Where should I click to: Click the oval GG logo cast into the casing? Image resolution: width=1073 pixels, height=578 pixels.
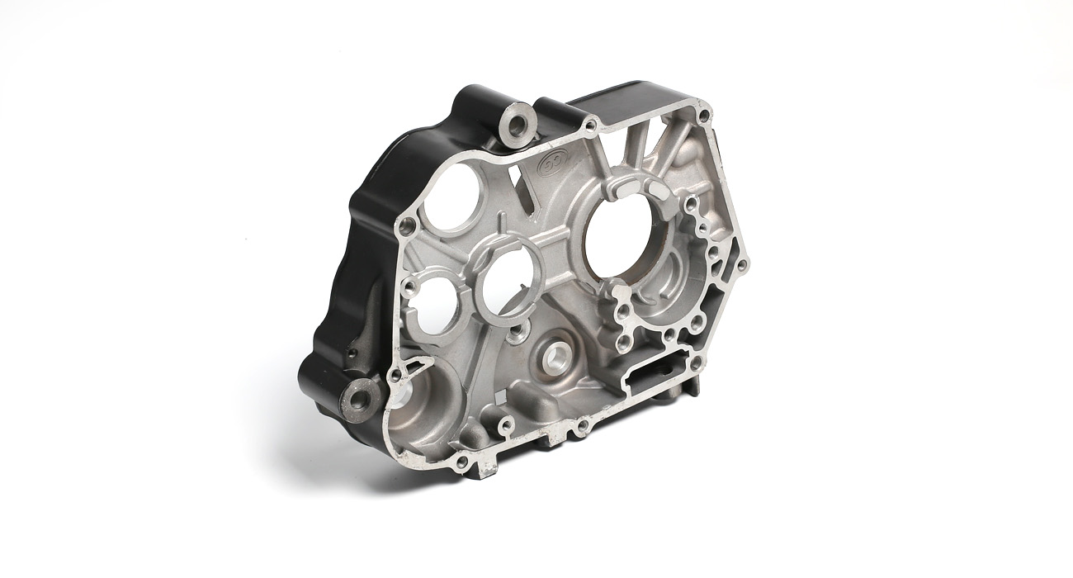click(550, 162)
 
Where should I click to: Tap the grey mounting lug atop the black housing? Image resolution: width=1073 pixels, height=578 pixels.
click(518, 125)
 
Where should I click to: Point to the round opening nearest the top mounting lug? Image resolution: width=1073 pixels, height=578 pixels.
click(450, 197)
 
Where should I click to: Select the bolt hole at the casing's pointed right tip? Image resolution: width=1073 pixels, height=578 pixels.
click(740, 265)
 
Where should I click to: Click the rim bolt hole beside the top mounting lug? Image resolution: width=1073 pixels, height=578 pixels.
click(590, 125)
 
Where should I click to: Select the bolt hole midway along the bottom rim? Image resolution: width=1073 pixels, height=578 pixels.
click(583, 426)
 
